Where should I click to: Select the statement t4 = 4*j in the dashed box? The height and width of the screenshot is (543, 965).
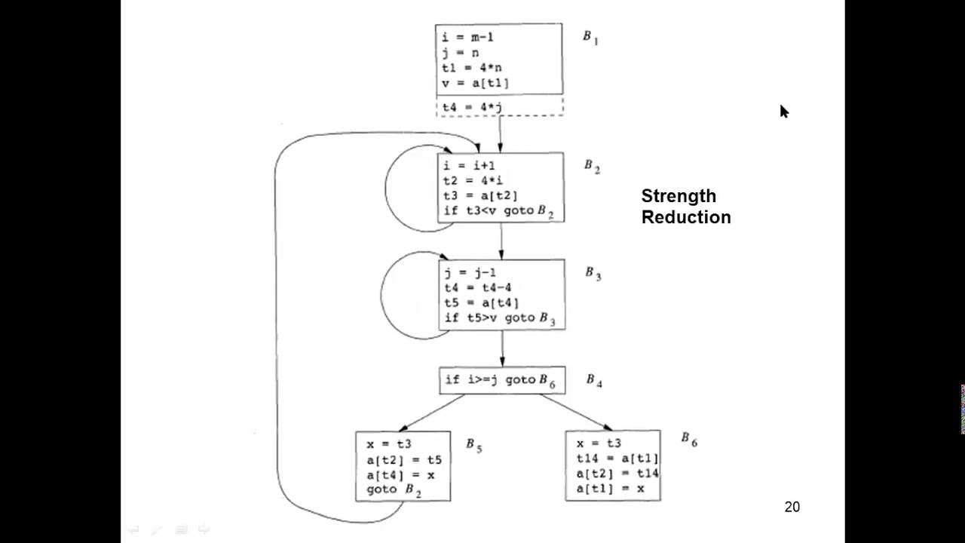coord(472,108)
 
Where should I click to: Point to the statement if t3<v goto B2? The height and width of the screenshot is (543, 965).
coord(498,211)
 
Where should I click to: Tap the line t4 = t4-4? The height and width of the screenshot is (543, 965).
coord(478,288)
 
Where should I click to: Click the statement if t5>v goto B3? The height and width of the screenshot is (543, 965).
coord(500,318)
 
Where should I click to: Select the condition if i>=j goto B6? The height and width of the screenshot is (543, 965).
coord(500,380)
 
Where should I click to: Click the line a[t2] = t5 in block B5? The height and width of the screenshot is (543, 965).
coord(404,460)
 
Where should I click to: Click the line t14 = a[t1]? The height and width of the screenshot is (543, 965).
coord(617,459)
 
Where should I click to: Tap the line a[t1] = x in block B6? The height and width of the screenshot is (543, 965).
coord(610,489)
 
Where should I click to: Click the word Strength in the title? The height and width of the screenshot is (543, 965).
coord(679,196)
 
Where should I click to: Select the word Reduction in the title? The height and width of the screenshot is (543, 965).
coord(686,217)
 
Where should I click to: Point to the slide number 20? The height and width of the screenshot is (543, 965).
coord(792,507)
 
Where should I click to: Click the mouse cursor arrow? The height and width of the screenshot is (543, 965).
coord(783,112)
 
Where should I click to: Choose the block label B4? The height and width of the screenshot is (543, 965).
coord(594,381)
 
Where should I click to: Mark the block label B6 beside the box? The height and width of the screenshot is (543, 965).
coord(689,439)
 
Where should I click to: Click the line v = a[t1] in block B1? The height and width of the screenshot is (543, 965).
coord(475,83)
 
